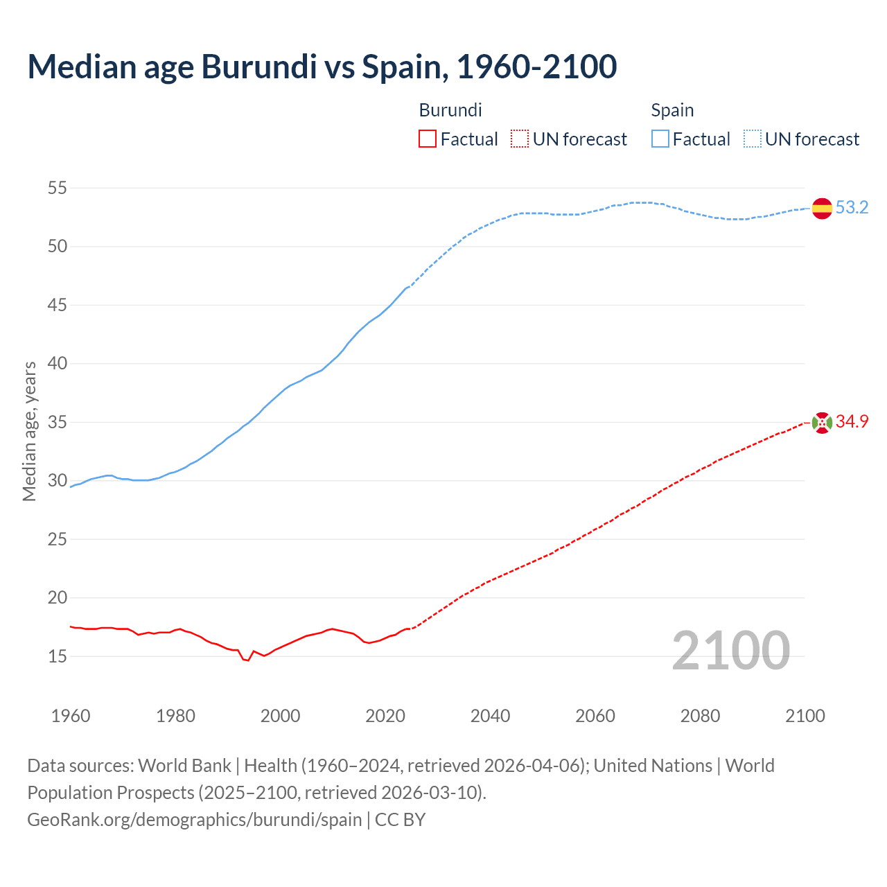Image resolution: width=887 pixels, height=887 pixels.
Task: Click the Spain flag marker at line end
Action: tap(822, 208)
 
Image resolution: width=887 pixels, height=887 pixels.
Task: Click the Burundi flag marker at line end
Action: tap(822, 422)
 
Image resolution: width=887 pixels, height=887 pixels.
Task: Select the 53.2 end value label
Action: tap(852, 207)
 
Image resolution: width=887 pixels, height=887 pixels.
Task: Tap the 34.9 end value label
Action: tap(852, 421)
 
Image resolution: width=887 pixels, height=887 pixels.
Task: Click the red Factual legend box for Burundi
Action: tap(428, 139)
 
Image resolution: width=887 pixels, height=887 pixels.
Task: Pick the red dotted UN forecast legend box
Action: tap(520, 139)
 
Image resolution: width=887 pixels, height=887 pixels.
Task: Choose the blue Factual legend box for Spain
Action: tap(660, 139)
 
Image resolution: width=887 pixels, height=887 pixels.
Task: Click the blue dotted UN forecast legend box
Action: tap(753, 139)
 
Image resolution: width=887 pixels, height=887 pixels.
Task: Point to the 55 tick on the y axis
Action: tap(58, 188)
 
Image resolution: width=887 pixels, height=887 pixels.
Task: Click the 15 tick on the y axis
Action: tap(58, 656)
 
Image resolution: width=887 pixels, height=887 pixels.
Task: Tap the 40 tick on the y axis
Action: tap(58, 363)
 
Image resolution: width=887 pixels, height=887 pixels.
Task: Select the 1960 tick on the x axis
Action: tap(71, 716)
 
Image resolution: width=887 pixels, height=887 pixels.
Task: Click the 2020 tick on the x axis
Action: tap(385, 716)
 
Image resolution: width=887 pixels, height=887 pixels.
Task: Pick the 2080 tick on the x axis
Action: tap(700, 716)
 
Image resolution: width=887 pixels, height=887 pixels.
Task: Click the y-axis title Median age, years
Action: tap(29, 431)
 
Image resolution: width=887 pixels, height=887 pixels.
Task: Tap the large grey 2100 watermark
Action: tap(730, 650)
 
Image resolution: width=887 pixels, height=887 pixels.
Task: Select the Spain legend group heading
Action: tap(672, 110)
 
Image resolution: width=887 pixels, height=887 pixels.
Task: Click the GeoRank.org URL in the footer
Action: tap(194, 819)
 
